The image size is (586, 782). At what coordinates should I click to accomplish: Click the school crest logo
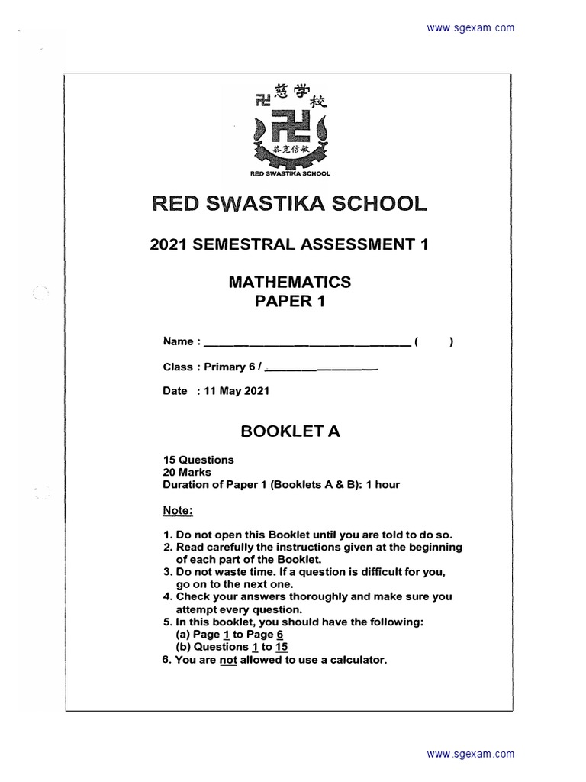(290, 130)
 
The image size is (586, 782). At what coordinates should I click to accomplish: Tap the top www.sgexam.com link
(470, 28)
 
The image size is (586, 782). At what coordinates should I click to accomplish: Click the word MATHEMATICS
(290, 282)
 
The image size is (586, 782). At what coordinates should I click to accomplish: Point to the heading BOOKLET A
(290, 431)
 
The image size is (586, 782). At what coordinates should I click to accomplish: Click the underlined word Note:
(179, 509)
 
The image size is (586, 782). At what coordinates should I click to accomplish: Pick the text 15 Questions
(198, 460)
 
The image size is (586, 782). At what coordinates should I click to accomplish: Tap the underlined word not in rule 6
(228, 660)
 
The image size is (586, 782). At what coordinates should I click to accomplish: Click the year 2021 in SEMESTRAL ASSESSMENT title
(169, 244)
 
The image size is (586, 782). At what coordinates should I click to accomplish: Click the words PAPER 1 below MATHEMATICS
(290, 302)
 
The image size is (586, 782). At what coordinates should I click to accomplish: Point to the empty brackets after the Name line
(435, 343)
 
